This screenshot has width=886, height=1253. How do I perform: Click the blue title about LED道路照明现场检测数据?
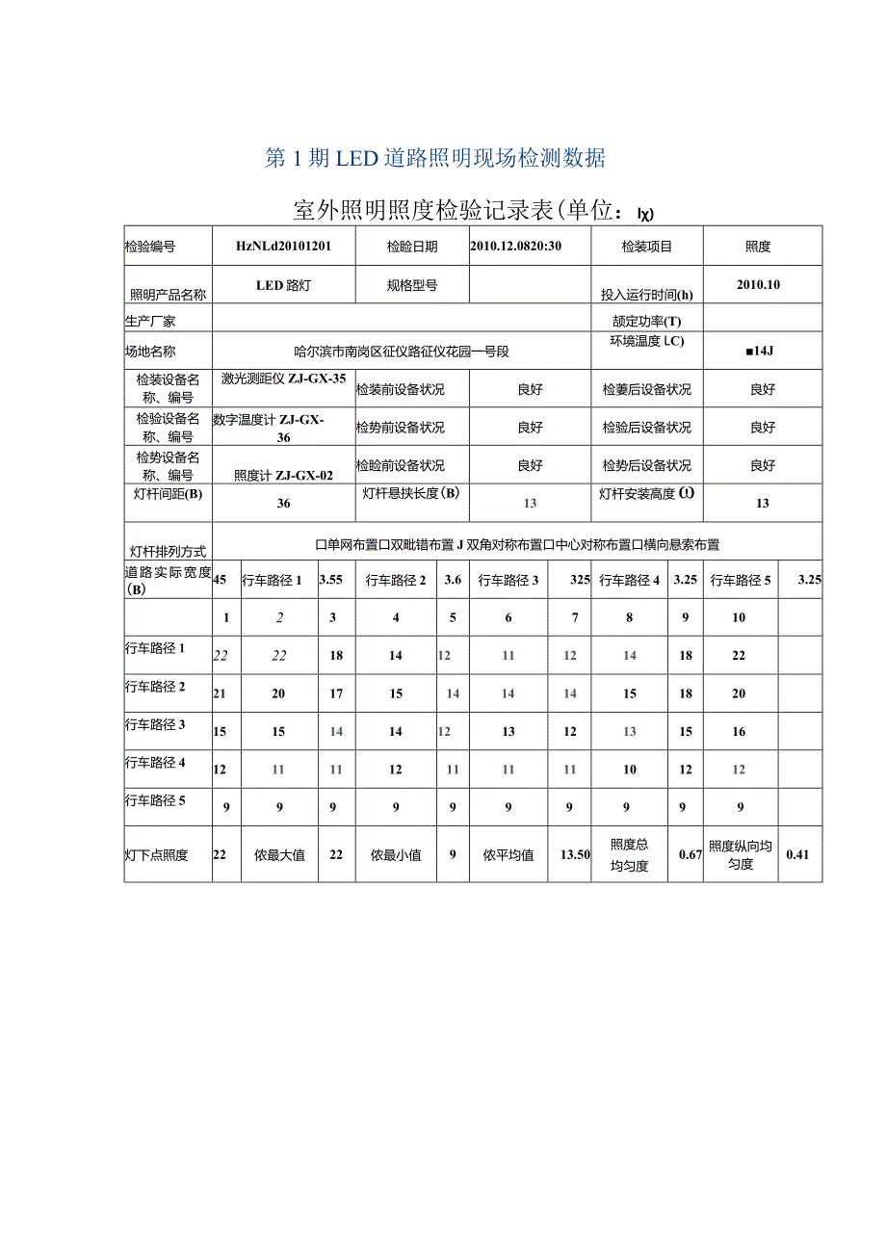(435, 159)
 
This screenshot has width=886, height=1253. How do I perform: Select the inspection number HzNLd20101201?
(283, 247)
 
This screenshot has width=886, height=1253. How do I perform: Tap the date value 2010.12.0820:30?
(516, 247)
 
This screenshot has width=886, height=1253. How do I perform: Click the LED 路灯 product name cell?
(283, 285)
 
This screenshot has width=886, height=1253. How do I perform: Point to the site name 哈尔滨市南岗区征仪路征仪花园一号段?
(402, 352)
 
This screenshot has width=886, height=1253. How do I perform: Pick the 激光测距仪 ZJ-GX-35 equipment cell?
(283, 379)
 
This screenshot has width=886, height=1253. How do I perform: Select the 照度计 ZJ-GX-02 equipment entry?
(283, 475)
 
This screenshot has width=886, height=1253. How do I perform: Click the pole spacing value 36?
(283, 503)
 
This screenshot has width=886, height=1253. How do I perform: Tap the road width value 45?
(220, 580)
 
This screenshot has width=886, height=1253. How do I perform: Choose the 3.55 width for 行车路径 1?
(331, 580)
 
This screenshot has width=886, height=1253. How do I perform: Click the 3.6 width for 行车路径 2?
(453, 580)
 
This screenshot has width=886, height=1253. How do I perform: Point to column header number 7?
(575, 617)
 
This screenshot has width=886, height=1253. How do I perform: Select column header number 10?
(739, 617)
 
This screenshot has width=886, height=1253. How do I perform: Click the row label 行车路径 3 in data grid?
(155, 725)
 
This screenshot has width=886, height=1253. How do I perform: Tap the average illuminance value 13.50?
(575, 854)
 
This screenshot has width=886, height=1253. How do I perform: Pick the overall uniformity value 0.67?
(689, 854)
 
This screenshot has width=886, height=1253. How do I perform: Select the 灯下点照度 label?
(156, 855)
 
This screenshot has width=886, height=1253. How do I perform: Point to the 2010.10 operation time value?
(763, 285)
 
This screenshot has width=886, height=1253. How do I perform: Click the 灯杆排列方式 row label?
(168, 552)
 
